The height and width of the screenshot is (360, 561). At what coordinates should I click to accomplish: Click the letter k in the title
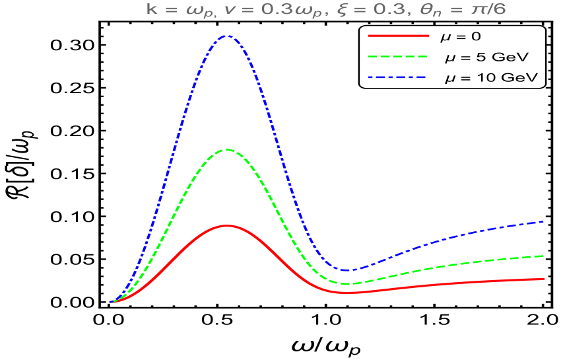click(x=151, y=10)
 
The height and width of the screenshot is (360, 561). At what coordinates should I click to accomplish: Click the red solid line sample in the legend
click(x=399, y=35)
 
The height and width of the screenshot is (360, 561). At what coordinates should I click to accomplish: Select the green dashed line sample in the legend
click(x=399, y=56)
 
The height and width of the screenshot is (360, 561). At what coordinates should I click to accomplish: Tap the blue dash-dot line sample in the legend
click(x=399, y=77)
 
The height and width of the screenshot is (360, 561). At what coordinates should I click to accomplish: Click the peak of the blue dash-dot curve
click(x=226, y=36)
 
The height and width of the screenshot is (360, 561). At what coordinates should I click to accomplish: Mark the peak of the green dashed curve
click(x=226, y=149)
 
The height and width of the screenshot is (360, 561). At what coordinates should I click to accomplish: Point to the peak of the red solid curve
click(x=226, y=225)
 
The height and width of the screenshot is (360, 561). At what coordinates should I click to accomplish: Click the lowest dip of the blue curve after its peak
click(x=348, y=270)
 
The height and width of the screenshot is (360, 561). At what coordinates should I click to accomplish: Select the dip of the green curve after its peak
click(x=348, y=284)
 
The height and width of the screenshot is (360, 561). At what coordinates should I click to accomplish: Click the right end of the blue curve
click(x=543, y=221)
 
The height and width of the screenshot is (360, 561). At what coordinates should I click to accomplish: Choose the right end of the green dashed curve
click(x=543, y=256)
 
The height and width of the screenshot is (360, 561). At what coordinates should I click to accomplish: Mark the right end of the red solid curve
click(x=543, y=279)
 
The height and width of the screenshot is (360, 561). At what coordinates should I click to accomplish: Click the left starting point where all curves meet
click(x=110, y=302)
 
